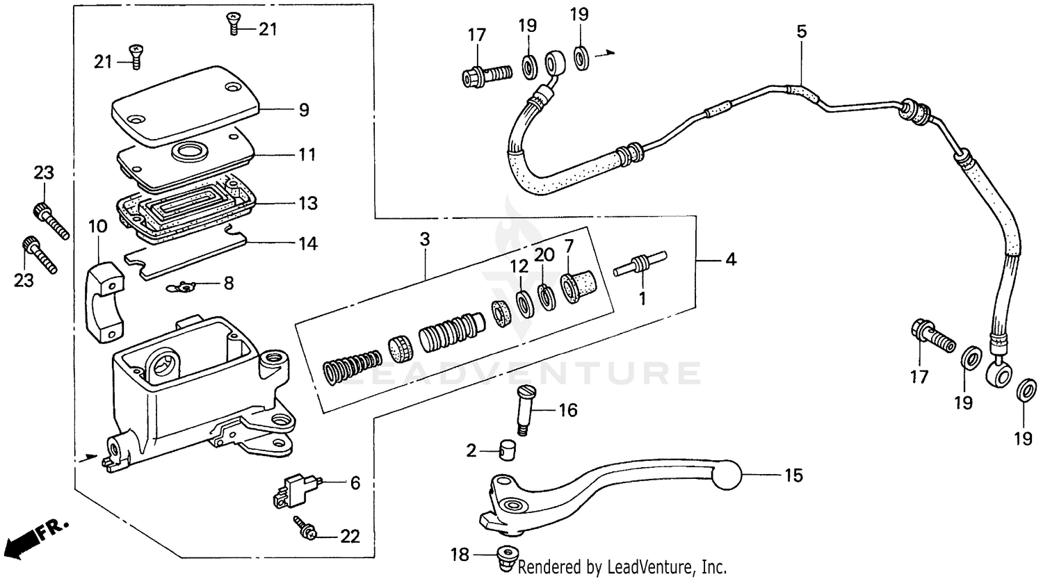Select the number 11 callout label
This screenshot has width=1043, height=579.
[x=307, y=154]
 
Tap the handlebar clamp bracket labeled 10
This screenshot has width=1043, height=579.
[x=104, y=301]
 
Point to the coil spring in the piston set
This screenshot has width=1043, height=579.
[x=352, y=366]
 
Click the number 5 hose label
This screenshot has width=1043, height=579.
[x=801, y=31]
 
